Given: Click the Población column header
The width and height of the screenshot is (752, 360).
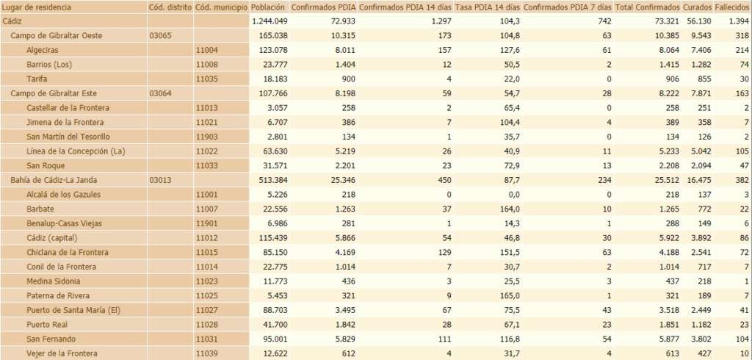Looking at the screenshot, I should click(x=267, y=7).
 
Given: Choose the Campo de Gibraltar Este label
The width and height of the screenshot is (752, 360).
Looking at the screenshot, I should click(x=54, y=93).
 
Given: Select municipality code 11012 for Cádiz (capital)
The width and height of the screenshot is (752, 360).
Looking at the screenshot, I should click(x=206, y=238).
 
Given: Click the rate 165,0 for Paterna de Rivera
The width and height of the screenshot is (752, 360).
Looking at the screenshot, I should click(x=507, y=295).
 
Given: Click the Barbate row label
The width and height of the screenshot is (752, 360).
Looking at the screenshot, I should click(x=40, y=209).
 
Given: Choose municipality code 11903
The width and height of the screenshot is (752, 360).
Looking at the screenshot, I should click(x=206, y=137).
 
